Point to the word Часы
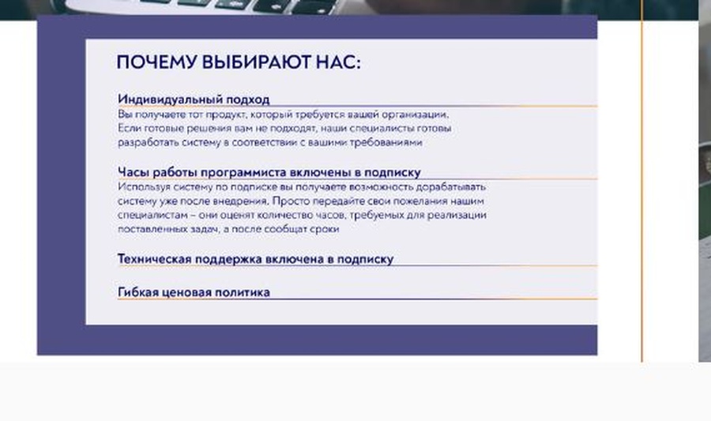point(134,171)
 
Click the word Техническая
point(156,258)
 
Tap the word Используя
point(142,187)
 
